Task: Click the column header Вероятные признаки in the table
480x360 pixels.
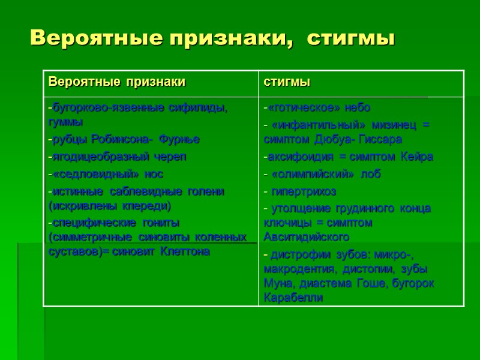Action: tap(117, 82)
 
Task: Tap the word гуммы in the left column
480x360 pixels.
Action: tap(65, 122)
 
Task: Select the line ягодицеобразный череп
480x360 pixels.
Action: tap(119, 157)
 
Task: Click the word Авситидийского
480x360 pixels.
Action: tap(307, 236)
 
